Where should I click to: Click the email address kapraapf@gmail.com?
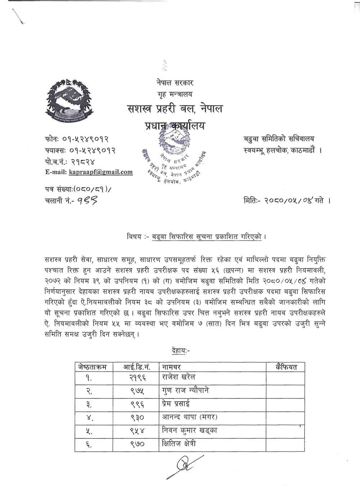click(100, 172)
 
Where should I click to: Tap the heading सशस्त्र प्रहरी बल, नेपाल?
click(175, 108)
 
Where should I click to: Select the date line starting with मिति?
click(287, 200)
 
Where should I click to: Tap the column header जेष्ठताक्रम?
click(93, 367)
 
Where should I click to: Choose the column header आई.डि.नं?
click(136, 367)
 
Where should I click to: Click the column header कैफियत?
click(286, 367)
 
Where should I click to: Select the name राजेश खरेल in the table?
click(179, 377)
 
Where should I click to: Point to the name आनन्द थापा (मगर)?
click(190, 417)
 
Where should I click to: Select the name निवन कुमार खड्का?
click(190, 431)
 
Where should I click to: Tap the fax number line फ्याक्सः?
click(80, 150)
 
